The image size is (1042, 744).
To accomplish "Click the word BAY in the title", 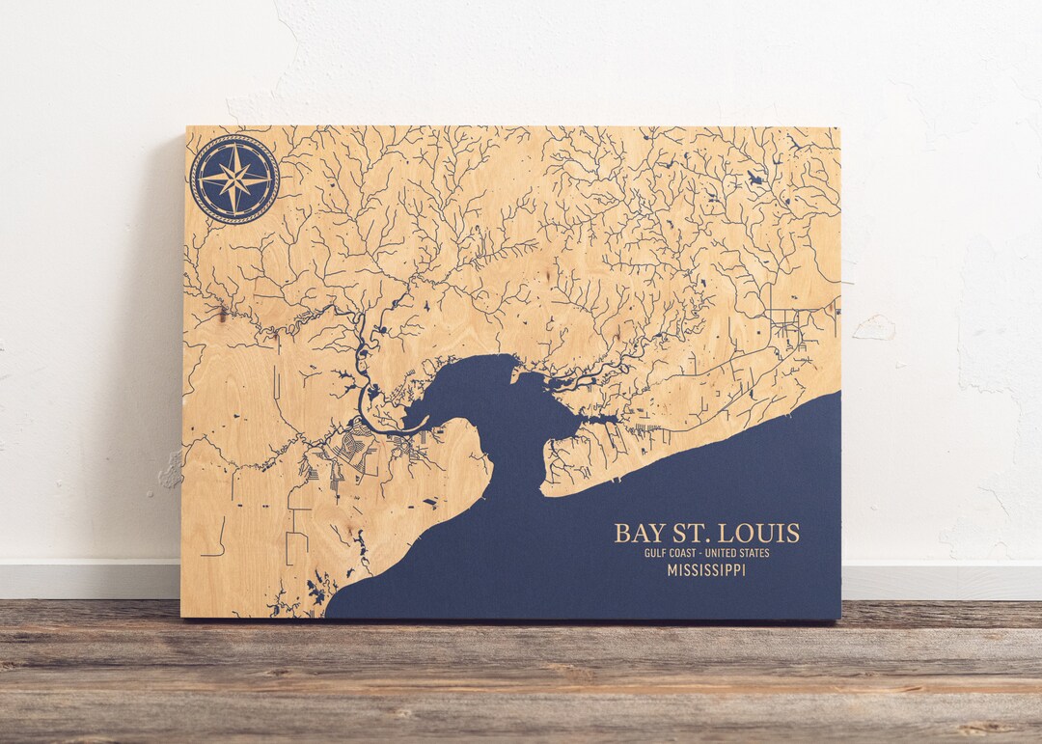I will point(640,534).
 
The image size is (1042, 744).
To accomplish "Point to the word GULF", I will point(656,553).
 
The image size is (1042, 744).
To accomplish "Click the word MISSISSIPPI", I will point(706,570).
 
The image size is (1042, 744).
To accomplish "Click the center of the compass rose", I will point(234,179).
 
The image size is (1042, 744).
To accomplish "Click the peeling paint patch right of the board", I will point(874,328).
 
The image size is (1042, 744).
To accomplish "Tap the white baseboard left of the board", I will point(87,579).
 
